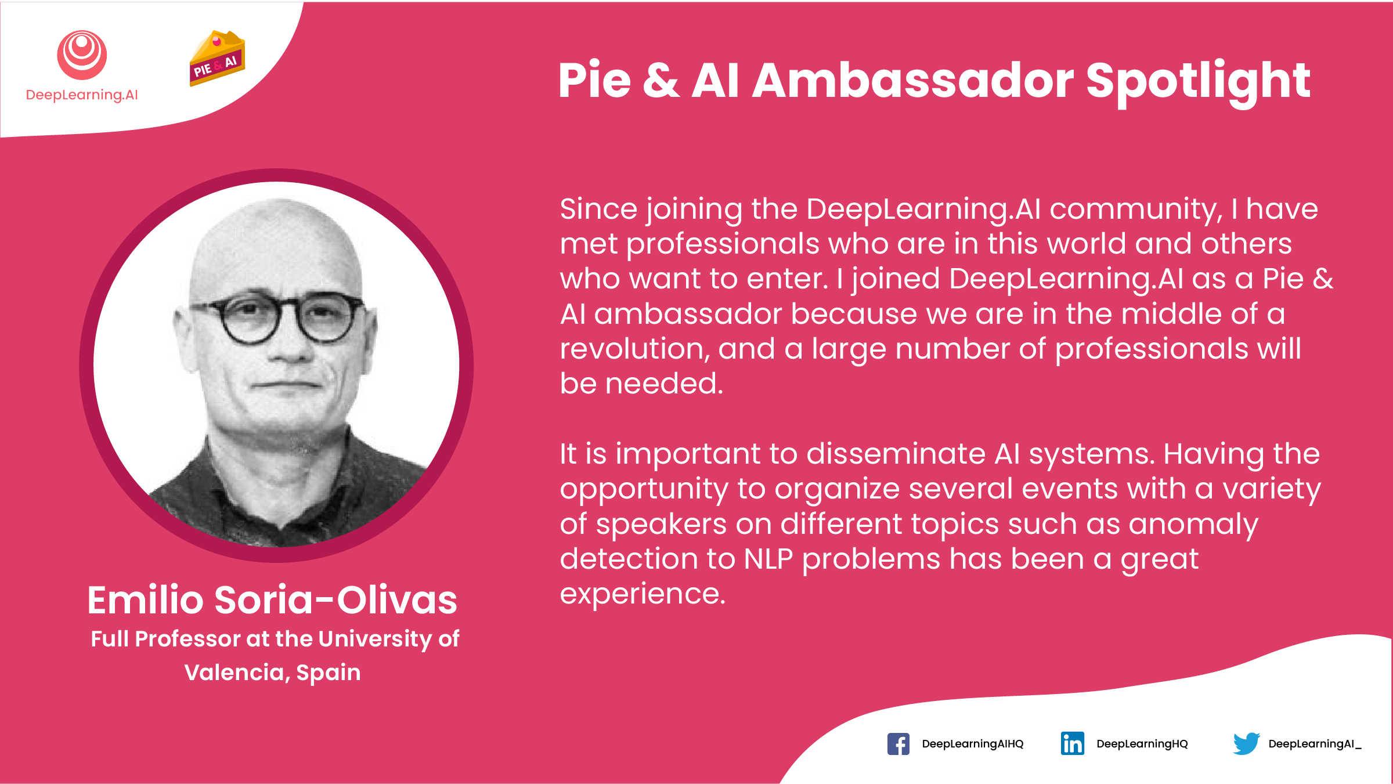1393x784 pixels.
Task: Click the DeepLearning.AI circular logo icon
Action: pyautogui.click(x=82, y=55)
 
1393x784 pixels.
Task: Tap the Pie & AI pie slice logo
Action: pyautogui.click(x=217, y=58)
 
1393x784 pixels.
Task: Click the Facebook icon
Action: pyautogui.click(x=898, y=743)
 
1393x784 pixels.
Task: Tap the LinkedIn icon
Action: pyautogui.click(x=1072, y=743)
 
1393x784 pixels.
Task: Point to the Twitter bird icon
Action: pyautogui.click(x=1246, y=743)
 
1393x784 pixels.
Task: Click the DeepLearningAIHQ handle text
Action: pyautogui.click(x=973, y=744)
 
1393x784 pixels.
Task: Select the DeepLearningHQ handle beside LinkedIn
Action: pyautogui.click(x=1142, y=744)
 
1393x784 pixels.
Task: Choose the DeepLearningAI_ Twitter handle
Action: pyautogui.click(x=1315, y=744)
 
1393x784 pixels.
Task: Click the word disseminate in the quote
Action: pyautogui.click(x=896, y=453)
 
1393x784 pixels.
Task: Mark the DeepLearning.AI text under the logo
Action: pyautogui.click(x=82, y=95)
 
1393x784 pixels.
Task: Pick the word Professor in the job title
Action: pyautogui.click(x=187, y=639)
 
